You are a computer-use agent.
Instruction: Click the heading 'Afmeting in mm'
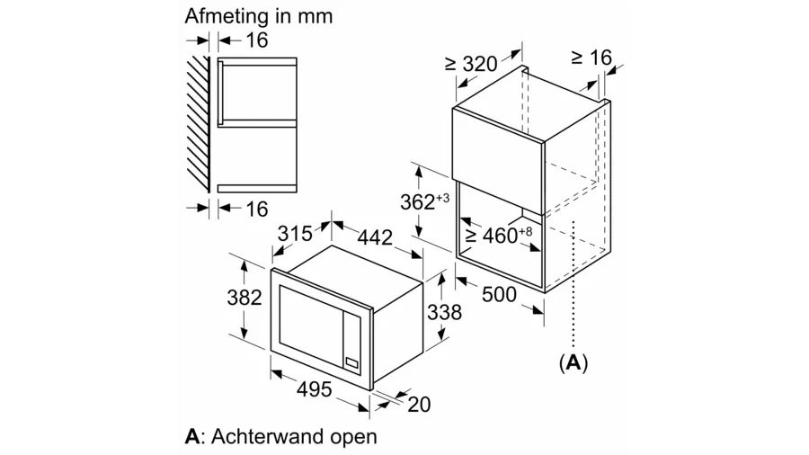(245, 16)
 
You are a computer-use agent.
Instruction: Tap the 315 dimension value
(294, 234)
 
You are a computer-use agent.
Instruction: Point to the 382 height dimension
(244, 297)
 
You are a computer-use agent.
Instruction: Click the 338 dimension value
(443, 312)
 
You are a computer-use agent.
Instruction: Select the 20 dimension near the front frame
(419, 405)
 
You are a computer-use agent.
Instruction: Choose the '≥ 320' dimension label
(471, 64)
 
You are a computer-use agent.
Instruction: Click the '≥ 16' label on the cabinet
(591, 58)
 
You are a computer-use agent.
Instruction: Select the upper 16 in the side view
(256, 40)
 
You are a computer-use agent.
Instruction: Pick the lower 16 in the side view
(256, 209)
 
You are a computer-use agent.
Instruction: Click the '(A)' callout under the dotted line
(573, 362)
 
